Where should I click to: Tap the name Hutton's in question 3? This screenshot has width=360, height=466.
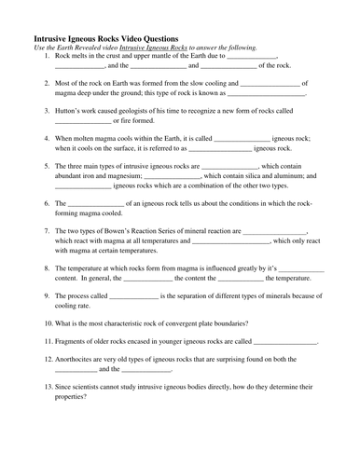click(71, 110)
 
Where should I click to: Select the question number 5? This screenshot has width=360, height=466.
click(47, 166)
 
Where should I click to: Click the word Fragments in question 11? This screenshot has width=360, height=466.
click(73, 341)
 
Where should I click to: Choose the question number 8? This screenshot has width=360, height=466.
click(47, 267)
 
